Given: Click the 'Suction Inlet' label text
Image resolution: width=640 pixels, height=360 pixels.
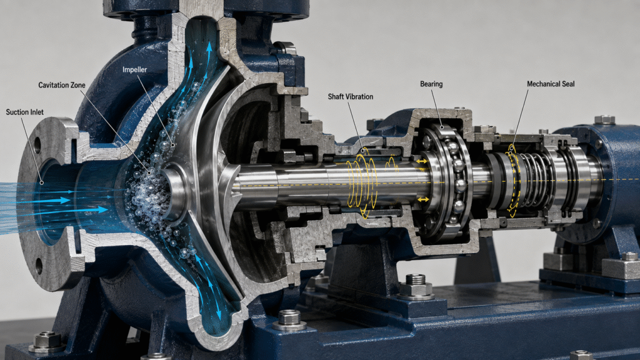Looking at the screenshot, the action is click(24, 112).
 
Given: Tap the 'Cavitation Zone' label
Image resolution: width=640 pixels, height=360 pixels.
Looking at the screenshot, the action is click(62, 85).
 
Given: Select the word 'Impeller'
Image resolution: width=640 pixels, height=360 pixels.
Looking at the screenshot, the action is click(135, 70).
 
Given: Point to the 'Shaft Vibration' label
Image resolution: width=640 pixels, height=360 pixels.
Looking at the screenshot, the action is click(350, 97).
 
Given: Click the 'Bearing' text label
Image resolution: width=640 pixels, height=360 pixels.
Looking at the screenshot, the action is click(431, 84).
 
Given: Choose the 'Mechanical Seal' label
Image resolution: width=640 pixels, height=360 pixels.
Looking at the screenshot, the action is click(551, 84).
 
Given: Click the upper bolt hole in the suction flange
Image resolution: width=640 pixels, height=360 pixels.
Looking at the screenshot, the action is click(37, 145).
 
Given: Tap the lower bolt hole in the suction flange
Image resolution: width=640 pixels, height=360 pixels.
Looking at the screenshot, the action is click(39, 266).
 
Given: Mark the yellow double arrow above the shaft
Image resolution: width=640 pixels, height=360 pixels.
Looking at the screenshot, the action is click(422, 162).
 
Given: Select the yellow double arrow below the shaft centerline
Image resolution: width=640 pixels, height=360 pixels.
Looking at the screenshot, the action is click(423, 199).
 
